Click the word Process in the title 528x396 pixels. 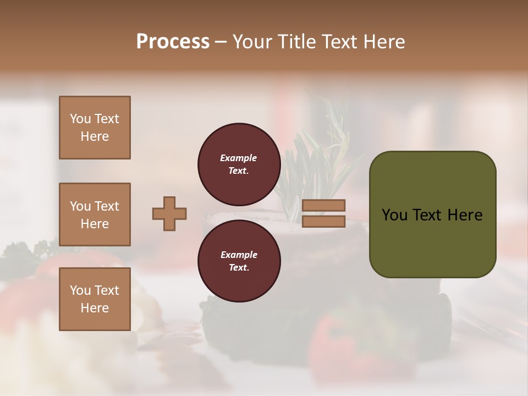point(173,42)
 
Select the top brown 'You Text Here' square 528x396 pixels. point(95,128)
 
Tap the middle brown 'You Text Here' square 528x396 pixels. point(95,215)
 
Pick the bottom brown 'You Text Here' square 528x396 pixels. point(95,299)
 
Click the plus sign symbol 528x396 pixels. point(169,213)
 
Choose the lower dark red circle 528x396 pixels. point(239,261)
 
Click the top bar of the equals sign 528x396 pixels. point(323,205)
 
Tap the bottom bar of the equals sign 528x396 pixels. point(323,221)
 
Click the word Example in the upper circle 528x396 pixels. point(239,158)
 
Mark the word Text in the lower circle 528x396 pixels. point(238,268)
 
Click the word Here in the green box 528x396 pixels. point(465,215)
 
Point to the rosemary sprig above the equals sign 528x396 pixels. point(330,154)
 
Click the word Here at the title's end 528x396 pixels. point(385,42)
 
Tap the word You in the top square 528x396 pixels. point(80,119)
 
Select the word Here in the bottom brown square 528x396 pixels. point(95,308)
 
